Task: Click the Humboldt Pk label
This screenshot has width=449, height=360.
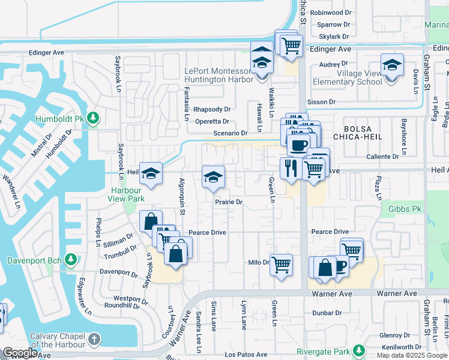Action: [x=60, y=118]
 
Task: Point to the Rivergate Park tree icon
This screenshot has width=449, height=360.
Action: [x=359, y=350]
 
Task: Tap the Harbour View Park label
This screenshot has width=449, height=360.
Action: [x=126, y=194]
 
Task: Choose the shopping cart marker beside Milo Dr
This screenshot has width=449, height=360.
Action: [x=281, y=263]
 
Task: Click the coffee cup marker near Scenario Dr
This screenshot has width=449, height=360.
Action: [x=298, y=144]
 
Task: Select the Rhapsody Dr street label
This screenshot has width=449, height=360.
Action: [x=212, y=109]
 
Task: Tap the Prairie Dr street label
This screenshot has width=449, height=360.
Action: [x=229, y=202]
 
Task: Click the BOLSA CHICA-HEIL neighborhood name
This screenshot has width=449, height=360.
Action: [x=366, y=134]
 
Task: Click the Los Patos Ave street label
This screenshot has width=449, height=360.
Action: [x=246, y=355]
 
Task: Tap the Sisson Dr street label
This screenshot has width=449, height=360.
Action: [x=322, y=102]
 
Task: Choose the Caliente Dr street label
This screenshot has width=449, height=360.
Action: [x=382, y=157]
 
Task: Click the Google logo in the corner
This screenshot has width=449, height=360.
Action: [x=20, y=353]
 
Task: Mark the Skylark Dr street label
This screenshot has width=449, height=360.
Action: [x=334, y=37]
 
